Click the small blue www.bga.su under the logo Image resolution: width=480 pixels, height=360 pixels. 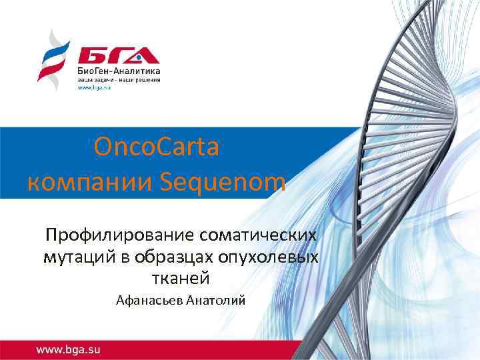(93, 87)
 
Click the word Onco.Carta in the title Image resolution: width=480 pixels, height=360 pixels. (157, 147)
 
